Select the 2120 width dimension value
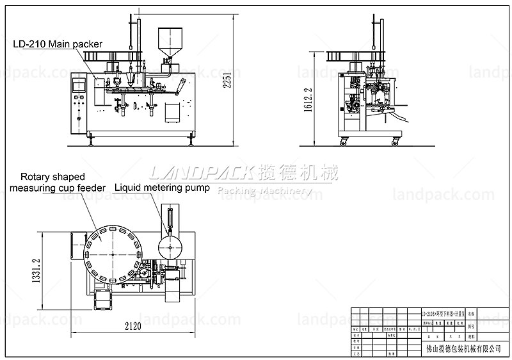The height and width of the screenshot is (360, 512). pos(132,325)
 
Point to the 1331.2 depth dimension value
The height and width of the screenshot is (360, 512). pos(36,270)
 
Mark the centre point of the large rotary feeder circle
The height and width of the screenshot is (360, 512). pos(112,254)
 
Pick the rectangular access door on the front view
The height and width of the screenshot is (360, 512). pos(171,112)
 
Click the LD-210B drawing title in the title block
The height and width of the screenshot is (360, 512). pos(441,314)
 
